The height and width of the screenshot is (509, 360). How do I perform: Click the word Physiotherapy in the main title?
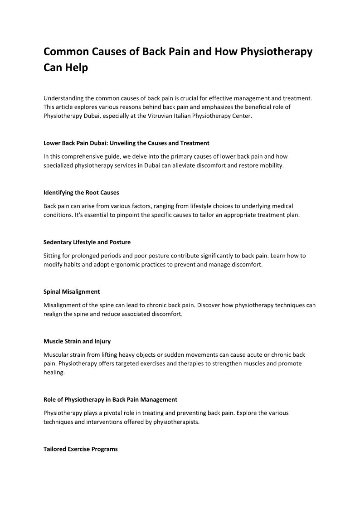click(x=276, y=51)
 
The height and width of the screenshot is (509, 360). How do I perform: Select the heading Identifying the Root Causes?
click(x=81, y=193)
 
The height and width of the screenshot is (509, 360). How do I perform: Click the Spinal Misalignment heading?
click(x=72, y=292)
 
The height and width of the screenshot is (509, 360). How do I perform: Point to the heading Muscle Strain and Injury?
click(x=77, y=341)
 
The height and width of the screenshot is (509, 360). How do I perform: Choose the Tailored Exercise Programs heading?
click(x=81, y=449)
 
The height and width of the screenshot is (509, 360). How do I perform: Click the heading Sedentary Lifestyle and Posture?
click(x=87, y=242)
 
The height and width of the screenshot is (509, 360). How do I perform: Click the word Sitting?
click(x=53, y=255)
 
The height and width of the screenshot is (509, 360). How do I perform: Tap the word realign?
click(x=54, y=314)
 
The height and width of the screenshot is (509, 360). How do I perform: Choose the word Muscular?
click(x=56, y=354)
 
